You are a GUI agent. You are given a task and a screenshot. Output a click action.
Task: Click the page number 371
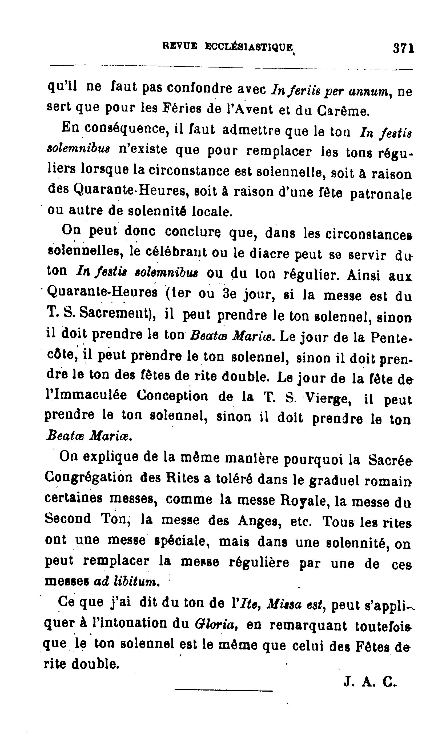403,48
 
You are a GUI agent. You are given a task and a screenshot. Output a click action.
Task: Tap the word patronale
380,194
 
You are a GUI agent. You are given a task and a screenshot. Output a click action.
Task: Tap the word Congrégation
89,477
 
